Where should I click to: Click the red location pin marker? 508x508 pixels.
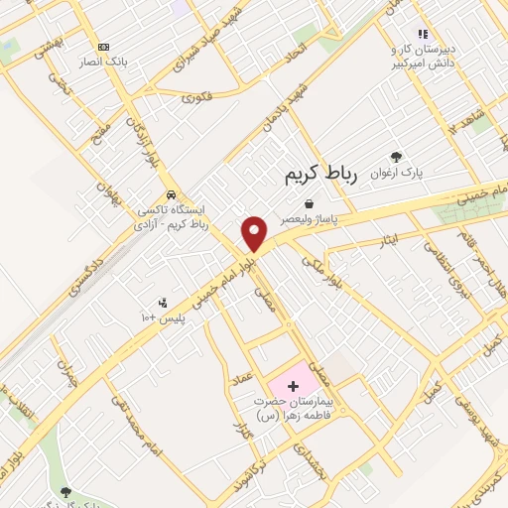(255, 232)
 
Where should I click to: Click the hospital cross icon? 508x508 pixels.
(293, 385)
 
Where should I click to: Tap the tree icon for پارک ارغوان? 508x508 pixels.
(397, 156)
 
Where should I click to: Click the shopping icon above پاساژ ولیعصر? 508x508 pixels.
(309, 203)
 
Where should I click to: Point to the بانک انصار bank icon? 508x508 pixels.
(103, 47)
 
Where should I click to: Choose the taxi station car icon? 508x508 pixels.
(173, 193)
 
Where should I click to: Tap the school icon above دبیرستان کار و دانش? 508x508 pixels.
(423, 33)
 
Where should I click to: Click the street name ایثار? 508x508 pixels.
(391, 241)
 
